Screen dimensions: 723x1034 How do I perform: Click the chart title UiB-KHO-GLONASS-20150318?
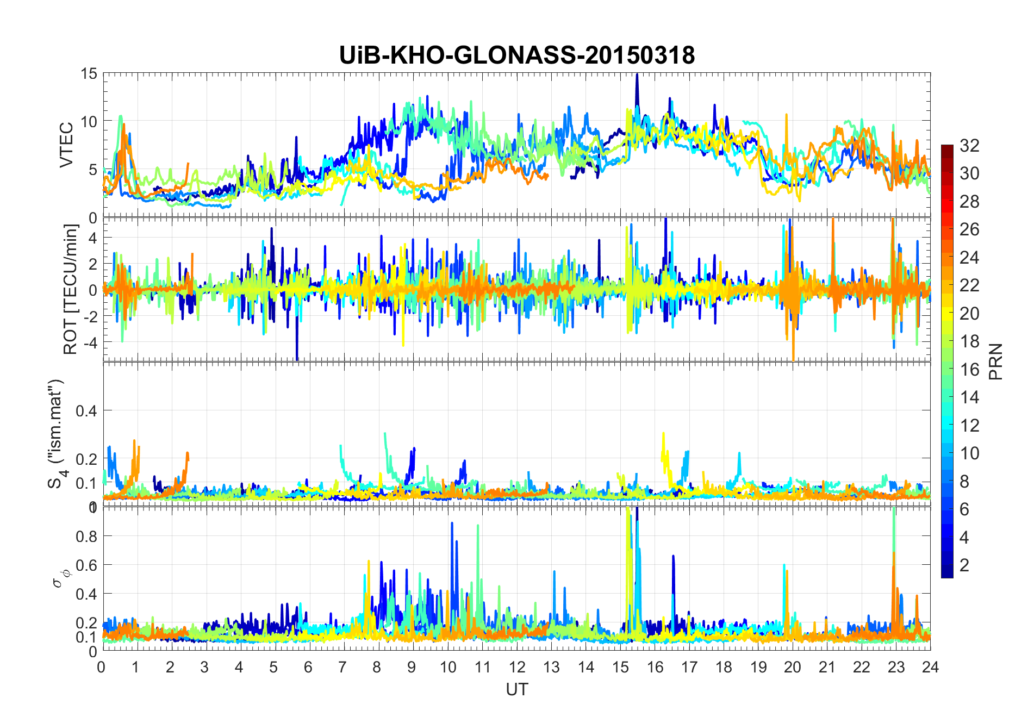pos(516,55)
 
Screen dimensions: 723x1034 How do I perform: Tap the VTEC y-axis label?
pos(66,145)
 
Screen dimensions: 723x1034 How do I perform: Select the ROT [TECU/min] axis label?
pos(70,289)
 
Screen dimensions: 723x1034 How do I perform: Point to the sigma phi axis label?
pos(58,577)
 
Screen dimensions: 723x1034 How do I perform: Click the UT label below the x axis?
pos(516,690)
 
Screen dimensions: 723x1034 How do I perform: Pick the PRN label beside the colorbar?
pos(996,361)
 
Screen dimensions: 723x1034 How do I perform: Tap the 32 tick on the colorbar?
pos(969,146)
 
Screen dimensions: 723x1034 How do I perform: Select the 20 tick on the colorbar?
pos(969,314)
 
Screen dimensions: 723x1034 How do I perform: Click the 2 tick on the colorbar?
pos(964,565)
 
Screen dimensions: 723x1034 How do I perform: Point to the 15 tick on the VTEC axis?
pos(89,73)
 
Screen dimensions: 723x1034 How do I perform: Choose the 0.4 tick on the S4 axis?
pos(86,411)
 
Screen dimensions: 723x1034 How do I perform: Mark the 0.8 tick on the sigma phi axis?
pos(86,537)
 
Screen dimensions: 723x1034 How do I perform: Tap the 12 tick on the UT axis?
pos(517,667)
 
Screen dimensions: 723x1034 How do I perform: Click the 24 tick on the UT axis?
pos(930,667)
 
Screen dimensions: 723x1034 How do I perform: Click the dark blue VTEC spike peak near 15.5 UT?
pos(637,75)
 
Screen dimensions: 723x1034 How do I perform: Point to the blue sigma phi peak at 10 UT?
pos(452,523)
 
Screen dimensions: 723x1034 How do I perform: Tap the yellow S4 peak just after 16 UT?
pos(663,434)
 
